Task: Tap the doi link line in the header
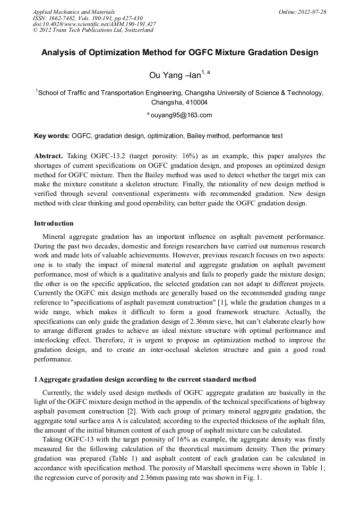pyautogui.click(x=94, y=24)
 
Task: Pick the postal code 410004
pyautogui.click(x=194, y=102)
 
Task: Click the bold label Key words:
pyautogui.click(x=52, y=136)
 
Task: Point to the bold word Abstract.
pyautogui.click(x=48, y=156)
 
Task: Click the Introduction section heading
pyautogui.click(x=54, y=223)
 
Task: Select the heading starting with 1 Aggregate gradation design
pyautogui.click(x=145, y=379)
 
